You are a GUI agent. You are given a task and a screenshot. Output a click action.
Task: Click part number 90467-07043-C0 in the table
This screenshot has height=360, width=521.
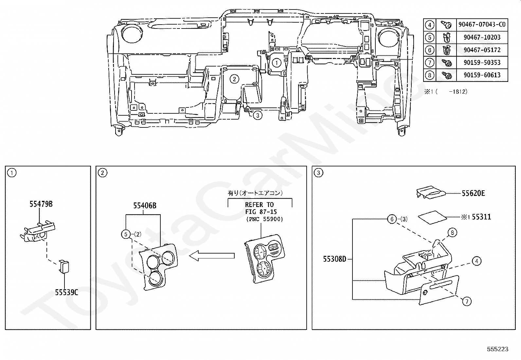click(482, 25)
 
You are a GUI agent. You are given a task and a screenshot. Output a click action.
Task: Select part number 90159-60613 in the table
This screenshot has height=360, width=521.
click(482, 75)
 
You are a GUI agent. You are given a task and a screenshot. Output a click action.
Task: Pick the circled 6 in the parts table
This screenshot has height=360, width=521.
click(429, 50)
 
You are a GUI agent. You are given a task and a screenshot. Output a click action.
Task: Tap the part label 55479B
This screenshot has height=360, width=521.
click(41, 204)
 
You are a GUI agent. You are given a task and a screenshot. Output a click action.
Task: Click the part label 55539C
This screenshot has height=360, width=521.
click(66, 292)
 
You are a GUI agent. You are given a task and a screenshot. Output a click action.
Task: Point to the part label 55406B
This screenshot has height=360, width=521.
click(145, 206)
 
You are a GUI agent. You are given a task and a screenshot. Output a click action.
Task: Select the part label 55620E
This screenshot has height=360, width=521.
click(473, 193)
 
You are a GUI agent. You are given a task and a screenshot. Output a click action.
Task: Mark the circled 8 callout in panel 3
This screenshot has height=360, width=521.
click(452, 233)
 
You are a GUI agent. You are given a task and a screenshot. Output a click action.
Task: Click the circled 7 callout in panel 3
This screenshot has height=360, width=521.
click(466, 301)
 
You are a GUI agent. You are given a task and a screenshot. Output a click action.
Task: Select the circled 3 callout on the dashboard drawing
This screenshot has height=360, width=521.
click(258, 115)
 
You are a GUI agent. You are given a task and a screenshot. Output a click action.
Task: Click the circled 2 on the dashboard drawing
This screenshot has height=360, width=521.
click(234, 79)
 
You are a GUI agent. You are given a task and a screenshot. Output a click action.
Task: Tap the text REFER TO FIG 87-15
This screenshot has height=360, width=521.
click(260, 208)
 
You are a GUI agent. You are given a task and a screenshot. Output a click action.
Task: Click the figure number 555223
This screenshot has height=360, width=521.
click(497, 349)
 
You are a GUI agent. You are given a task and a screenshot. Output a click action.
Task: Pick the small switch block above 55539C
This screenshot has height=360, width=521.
click(64, 266)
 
